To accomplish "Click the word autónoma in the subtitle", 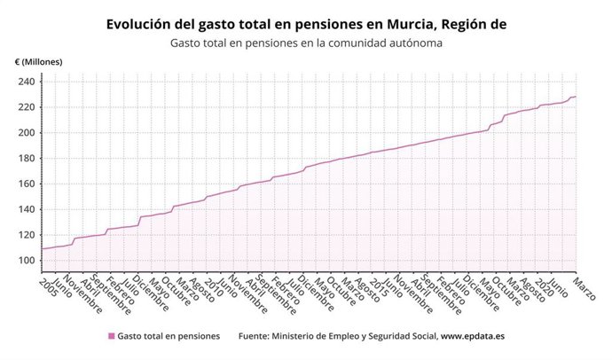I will click(x=416, y=43).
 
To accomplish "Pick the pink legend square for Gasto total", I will click(x=111, y=336).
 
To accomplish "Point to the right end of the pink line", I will click(x=576, y=97).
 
